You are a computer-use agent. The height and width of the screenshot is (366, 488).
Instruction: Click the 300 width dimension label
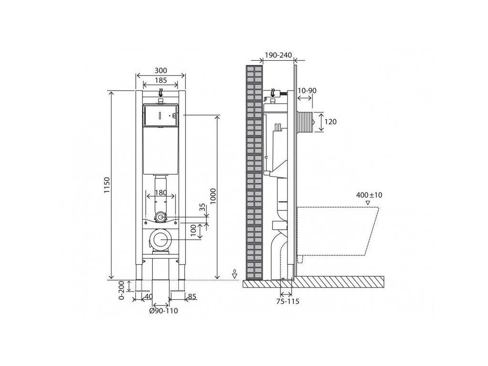(x=160, y=71)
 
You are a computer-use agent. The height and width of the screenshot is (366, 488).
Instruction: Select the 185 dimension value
(x=160, y=80)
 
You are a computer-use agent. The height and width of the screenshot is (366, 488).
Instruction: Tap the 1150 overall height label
(x=107, y=185)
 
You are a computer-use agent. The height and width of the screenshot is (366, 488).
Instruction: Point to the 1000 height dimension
(x=213, y=196)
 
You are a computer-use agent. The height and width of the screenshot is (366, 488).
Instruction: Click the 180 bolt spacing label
(x=161, y=193)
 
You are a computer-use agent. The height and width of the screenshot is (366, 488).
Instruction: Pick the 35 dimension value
(x=202, y=207)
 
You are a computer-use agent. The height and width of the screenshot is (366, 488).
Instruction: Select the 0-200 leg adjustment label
(x=122, y=290)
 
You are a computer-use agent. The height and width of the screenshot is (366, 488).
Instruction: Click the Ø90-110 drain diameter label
(x=164, y=311)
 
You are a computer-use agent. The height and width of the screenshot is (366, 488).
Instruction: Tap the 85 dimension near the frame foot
(x=192, y=296)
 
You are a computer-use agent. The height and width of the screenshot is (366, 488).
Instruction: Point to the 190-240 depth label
(x=278, y=55)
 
